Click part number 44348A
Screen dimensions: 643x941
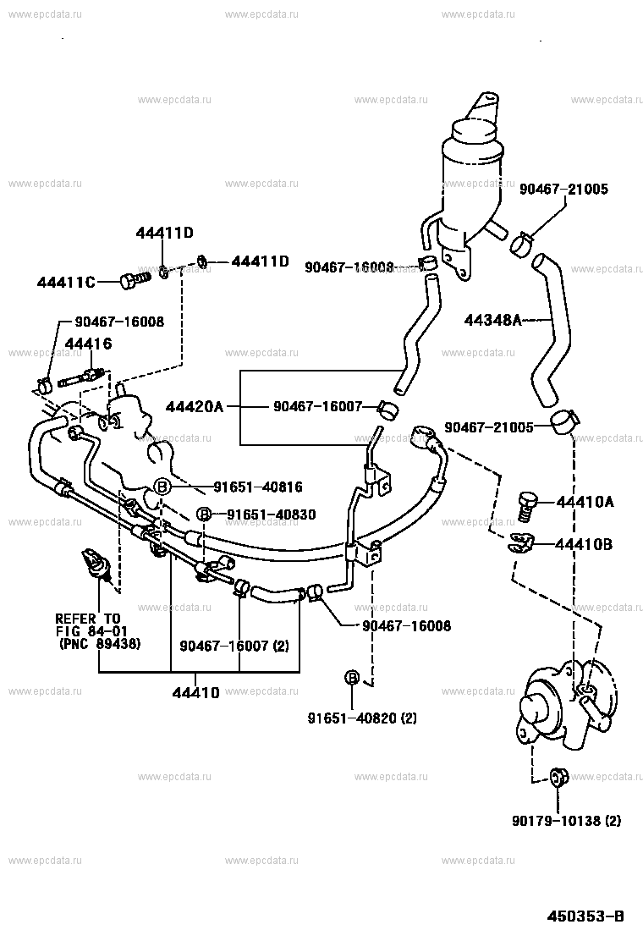(x=492, y=321)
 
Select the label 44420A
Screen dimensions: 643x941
(x=195, y=408)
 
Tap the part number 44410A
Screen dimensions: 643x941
(x=585, y=501)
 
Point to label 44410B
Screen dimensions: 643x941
(x=584, y=544)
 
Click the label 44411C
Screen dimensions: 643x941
(x=66, y=282)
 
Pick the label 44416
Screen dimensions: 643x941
(x=88, y=344)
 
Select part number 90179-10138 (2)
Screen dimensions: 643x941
(x=566, y=820)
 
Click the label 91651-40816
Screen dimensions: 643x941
(x=258, y=487)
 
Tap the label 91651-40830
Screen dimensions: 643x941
(x=271, y=515)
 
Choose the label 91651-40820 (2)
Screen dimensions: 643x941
(x=362, y=718)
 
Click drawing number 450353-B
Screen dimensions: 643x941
(x=585, y=916)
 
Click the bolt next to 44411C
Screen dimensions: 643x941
(x=135, y=280)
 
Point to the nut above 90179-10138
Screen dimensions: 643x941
(x=558, y=778)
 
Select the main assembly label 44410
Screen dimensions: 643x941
(x=196, y=692)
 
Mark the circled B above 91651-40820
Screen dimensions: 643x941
(x=352, y=678)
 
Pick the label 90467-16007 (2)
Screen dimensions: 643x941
(x=234, y=646)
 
